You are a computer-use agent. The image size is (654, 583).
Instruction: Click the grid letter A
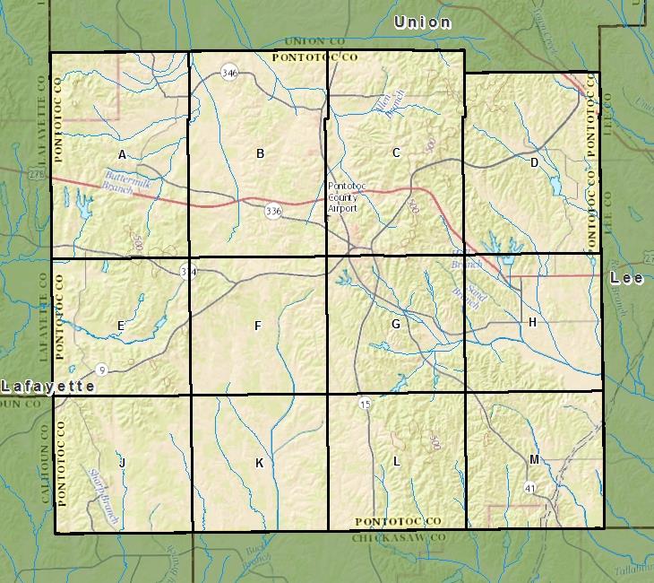click(x=123, y=155)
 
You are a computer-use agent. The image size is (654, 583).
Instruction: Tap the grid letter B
click(x=261, y=153)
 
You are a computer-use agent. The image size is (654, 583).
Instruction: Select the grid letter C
click(x=397, y=152)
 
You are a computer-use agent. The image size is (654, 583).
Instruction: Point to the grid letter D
click(x=534, y=162)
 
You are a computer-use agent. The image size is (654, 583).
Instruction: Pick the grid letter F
click(x=258, y=326)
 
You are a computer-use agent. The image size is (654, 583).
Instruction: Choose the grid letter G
click(x=395, y=324)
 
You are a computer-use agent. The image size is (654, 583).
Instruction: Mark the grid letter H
click(x=532, y=322)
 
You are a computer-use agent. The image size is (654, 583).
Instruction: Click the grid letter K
click(x=260, y=463)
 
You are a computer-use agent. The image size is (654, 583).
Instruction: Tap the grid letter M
click(x=534, y=460)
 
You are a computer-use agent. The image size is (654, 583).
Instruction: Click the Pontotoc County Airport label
click(x=342, y=196)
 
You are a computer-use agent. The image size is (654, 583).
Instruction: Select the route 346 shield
click(x=230, y=73)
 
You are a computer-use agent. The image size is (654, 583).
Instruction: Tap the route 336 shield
click(x=273, y=211)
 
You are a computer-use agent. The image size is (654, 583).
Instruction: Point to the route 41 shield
click(x=531, y=488)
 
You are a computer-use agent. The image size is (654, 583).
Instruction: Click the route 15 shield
click(x=365, y=405)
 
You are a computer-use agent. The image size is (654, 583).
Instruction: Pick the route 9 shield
click(x=103, y=370)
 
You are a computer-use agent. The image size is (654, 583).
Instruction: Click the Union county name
click(x=423, y=22)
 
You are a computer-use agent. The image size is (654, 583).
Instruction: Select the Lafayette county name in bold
click(x=47, y=387)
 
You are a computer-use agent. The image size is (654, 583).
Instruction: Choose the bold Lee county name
click(x=626, y=278)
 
